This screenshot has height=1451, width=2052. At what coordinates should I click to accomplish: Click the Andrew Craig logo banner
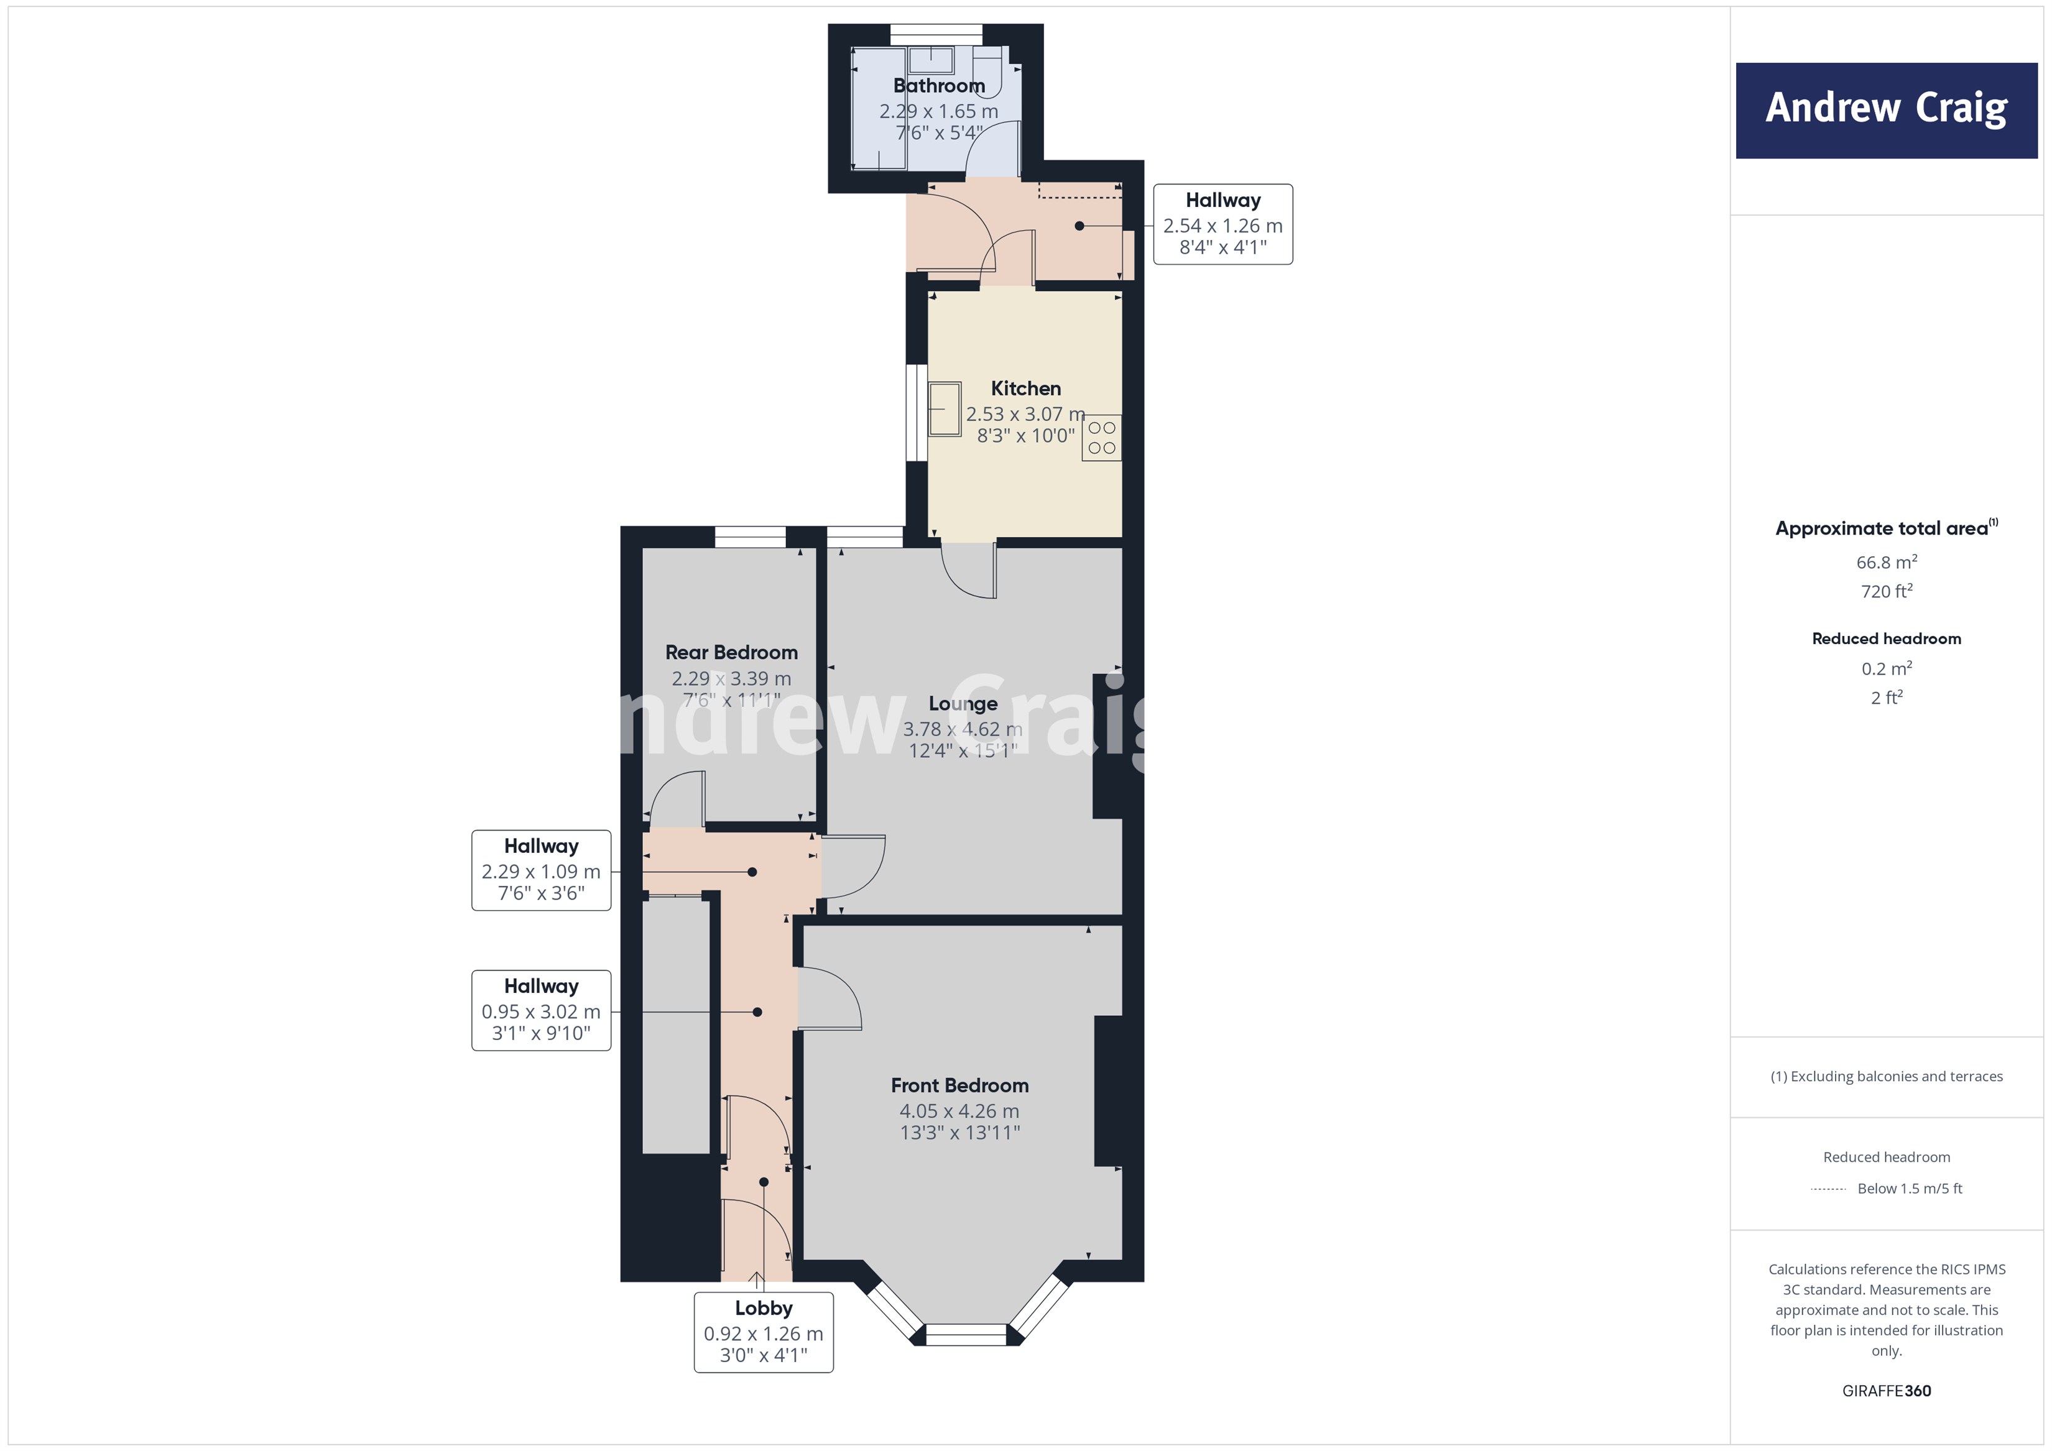click(1886, 110)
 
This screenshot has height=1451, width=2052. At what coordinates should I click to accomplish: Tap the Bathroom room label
click(938, 86)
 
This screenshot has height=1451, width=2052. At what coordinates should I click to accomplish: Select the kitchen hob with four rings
click(1101, 438)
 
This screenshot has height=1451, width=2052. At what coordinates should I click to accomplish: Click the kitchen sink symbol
click(944, 409)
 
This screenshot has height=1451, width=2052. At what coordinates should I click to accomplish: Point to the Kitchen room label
click(1025, 389)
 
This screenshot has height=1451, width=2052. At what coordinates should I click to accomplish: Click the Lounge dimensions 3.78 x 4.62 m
click(962, 729)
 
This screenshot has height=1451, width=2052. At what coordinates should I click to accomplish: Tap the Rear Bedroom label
click(731, 652)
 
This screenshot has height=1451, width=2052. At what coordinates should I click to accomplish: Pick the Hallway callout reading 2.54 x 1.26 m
click(1222, 224)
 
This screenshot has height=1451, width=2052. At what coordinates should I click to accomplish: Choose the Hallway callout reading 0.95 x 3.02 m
click(541, 1010)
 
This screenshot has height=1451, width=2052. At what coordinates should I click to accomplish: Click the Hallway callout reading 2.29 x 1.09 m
click(541, 870)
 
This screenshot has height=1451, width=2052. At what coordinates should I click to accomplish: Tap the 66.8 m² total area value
click(1886, 562)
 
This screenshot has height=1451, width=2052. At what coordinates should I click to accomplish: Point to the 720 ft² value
click(1886, 591)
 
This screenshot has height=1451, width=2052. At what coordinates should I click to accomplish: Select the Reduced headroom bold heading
click(1886, 639)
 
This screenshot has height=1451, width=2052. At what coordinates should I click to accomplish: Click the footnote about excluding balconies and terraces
click(1886, 1077)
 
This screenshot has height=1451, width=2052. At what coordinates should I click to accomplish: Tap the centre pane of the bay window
click(965, 1335)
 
